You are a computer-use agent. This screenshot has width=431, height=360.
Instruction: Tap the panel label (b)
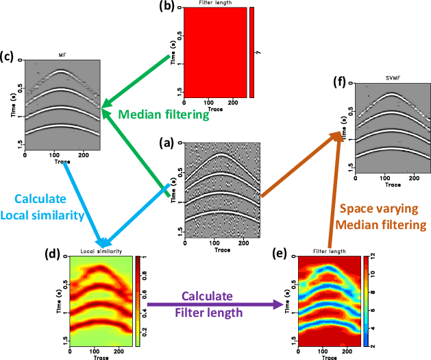pos(169,8)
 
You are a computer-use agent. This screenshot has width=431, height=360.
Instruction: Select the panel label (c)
pos(10,55)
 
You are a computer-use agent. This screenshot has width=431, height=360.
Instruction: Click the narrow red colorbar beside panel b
pos(252,52)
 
